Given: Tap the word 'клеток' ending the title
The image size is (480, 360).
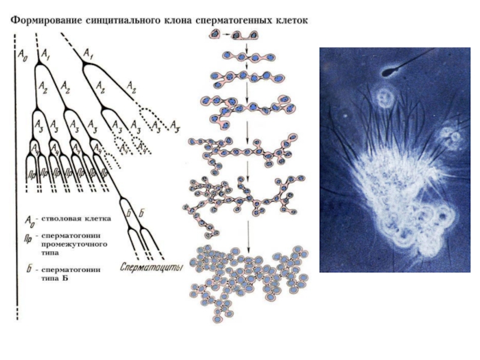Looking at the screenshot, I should coord(290,20).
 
